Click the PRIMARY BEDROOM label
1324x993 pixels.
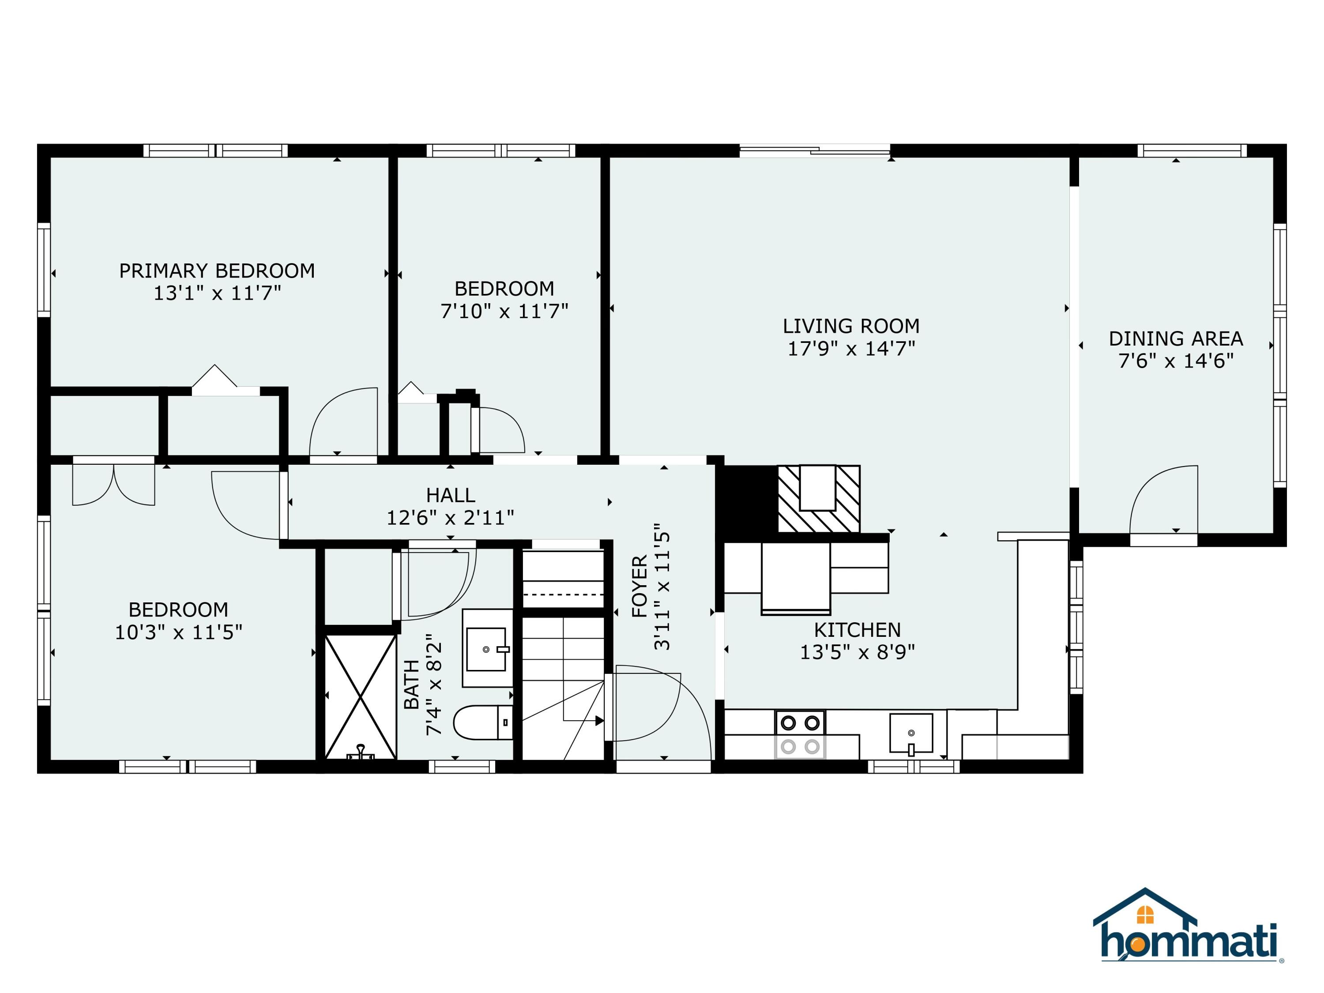(x=217, y=271)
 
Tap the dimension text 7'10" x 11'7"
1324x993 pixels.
(x=504, y=311)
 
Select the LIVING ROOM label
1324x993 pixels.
(x=850, y=326)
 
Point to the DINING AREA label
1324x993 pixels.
(x=1176, y=339)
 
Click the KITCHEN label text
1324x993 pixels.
(x=857, y=630)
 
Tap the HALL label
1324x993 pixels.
(x=450, y=495)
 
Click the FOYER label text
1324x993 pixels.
(x=639, y=586)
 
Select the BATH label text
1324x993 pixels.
(x=412, y=684)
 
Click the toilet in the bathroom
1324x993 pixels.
(x=482, y=722)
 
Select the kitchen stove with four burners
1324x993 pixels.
(x=800, y=734)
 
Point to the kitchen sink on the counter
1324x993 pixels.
(x=910, y=733)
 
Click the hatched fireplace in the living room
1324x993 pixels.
(x=818, y=499)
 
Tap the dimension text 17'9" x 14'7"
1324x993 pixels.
(x=850, y=348)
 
